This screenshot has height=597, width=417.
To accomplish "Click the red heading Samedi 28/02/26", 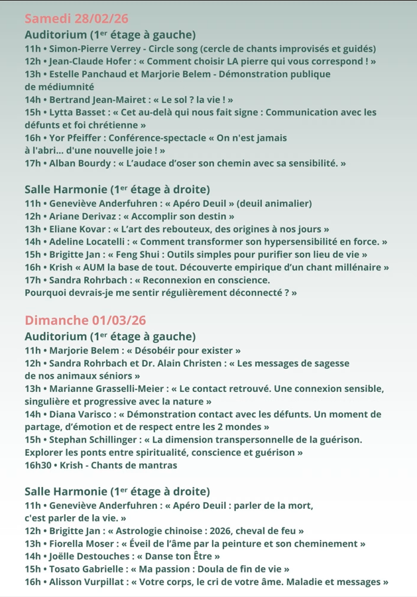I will [77, 18].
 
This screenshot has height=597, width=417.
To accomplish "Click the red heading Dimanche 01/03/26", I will [86, 320].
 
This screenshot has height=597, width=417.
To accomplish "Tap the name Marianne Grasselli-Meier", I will [105, 389].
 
